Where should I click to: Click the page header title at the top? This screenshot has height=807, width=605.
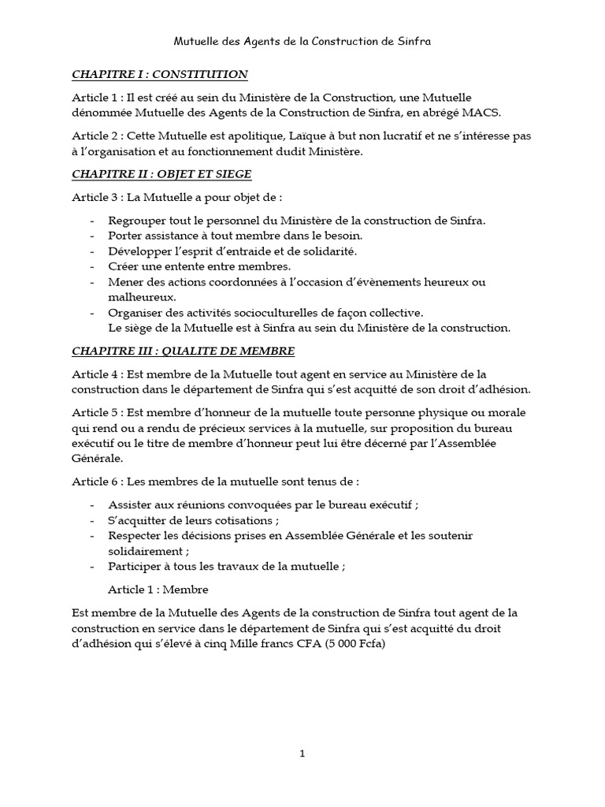click(302, 39)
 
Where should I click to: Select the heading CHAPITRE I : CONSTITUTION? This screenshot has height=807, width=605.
click(160, 75)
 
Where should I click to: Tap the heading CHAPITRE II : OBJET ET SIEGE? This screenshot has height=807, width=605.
click(161, 173)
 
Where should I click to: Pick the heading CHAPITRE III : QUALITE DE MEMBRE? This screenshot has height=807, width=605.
click(184, 350)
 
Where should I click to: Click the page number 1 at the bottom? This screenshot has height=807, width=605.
click(302, 753)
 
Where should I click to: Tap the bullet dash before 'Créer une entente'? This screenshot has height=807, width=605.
click(94, 266)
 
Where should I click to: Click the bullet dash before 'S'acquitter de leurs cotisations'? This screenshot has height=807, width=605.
click(94, 520)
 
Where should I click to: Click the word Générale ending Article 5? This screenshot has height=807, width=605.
click(97, 458)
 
